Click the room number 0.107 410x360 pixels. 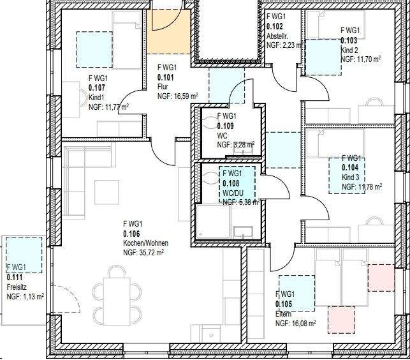96,87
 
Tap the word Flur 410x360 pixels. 163,87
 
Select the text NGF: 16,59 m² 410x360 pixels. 178,96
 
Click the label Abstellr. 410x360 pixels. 277,37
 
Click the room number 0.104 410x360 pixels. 351,167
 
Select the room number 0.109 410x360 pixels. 226,126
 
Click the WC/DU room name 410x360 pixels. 233,192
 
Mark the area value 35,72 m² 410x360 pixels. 152,253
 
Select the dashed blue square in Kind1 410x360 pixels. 94,50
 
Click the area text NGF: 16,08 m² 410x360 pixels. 296,324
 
